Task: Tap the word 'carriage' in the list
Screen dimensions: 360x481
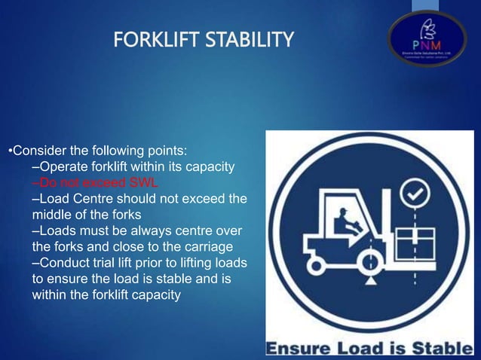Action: pos(213,246)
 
